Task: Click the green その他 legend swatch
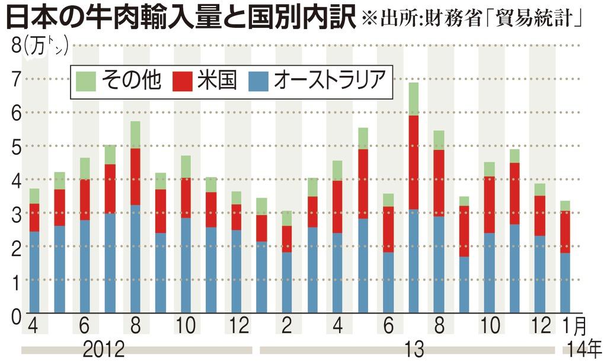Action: (x=87, y=81)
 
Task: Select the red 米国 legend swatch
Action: (x=183, y=81)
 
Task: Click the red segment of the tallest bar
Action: (x=414, y=162)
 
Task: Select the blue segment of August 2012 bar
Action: (x=135, y=258)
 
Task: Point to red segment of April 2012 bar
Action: (x=34, y=218)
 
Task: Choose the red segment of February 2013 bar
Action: (x=287, y=239)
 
